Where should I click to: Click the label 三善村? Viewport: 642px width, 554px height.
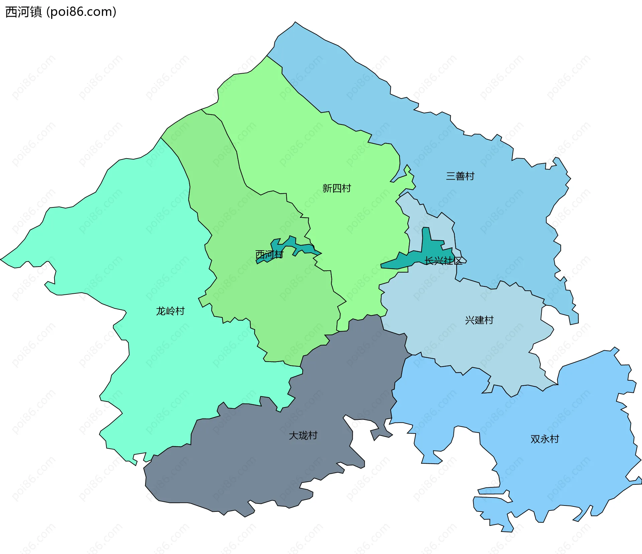[x=460, y=176]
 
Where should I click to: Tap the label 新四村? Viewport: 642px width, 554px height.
[x=336, y=188]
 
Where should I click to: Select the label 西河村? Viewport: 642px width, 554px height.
[x=269, y=255]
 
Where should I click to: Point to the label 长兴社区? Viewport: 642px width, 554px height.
[x=443, y=261]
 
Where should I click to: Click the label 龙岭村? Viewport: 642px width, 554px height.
[x=170, y=311]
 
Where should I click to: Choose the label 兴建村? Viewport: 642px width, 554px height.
[x=479, y=320]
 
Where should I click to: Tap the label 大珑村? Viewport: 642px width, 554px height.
[x=303, y=435]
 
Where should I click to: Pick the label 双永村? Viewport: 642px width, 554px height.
[x=545, y=439]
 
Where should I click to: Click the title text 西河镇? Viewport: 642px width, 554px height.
[x=23, y=12]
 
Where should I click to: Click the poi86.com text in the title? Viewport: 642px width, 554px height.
[x=81, y=12]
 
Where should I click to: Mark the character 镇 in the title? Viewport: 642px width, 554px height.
[x=36, y=12]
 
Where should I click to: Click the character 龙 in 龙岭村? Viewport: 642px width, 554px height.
[x=161, y=311]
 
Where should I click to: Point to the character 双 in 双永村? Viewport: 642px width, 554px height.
[x=535, y=439]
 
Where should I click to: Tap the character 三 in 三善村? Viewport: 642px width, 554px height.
[x=451, y=176]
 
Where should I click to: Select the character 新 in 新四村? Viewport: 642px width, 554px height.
[x=327, y=188]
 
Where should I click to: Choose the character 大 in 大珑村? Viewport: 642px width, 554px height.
[x=294, y=435]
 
